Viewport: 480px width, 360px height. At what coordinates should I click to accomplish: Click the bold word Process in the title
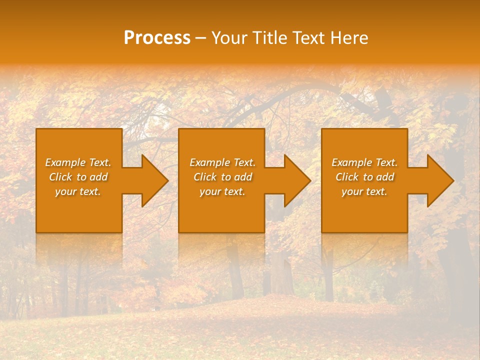click(x=157, y=38)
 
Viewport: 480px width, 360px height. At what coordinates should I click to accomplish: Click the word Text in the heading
click(x=310, y=38)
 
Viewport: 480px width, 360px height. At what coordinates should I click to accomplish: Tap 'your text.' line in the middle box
click(x=222, y=191)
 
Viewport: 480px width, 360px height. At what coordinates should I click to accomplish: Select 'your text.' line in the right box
click(x=364, y=191)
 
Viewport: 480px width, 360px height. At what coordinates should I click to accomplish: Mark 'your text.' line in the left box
click(x=78, y=191)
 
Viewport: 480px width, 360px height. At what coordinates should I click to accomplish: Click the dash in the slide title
click(x=200, y=38)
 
